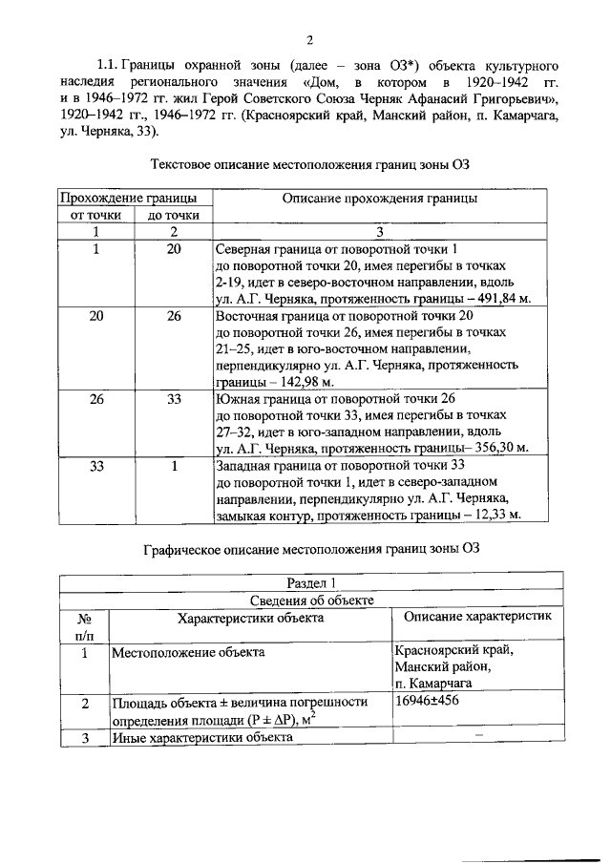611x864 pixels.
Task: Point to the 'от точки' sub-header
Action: point(96,215)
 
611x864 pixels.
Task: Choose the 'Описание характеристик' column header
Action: point(473,618)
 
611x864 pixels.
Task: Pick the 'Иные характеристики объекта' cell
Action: point(201,737)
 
